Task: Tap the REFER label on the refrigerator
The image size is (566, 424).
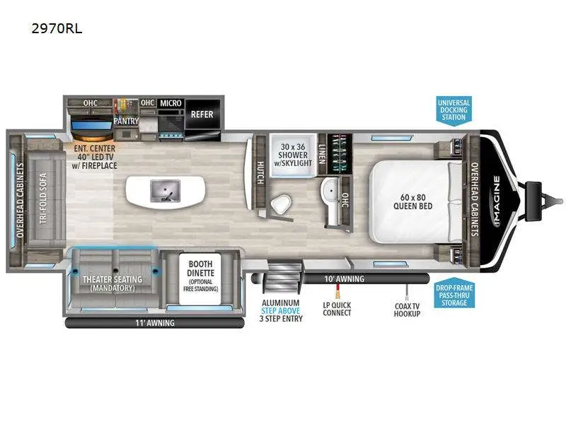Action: (x=202, y=114)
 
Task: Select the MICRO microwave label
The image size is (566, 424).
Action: (x=171, y=103)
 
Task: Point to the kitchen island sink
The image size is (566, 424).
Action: (x=165, y=190)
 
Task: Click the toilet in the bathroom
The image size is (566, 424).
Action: (x=280, y=204)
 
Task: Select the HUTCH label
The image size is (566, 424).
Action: (x=259, y=170)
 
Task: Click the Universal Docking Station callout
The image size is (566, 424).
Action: (x=453, y=110)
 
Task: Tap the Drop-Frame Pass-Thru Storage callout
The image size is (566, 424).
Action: (x=453, y=294)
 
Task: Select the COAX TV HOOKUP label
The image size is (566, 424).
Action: (x=408, y=309)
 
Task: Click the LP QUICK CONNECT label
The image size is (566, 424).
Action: (x=337, y=309)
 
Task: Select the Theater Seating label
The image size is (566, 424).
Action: (x=113, y=283)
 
